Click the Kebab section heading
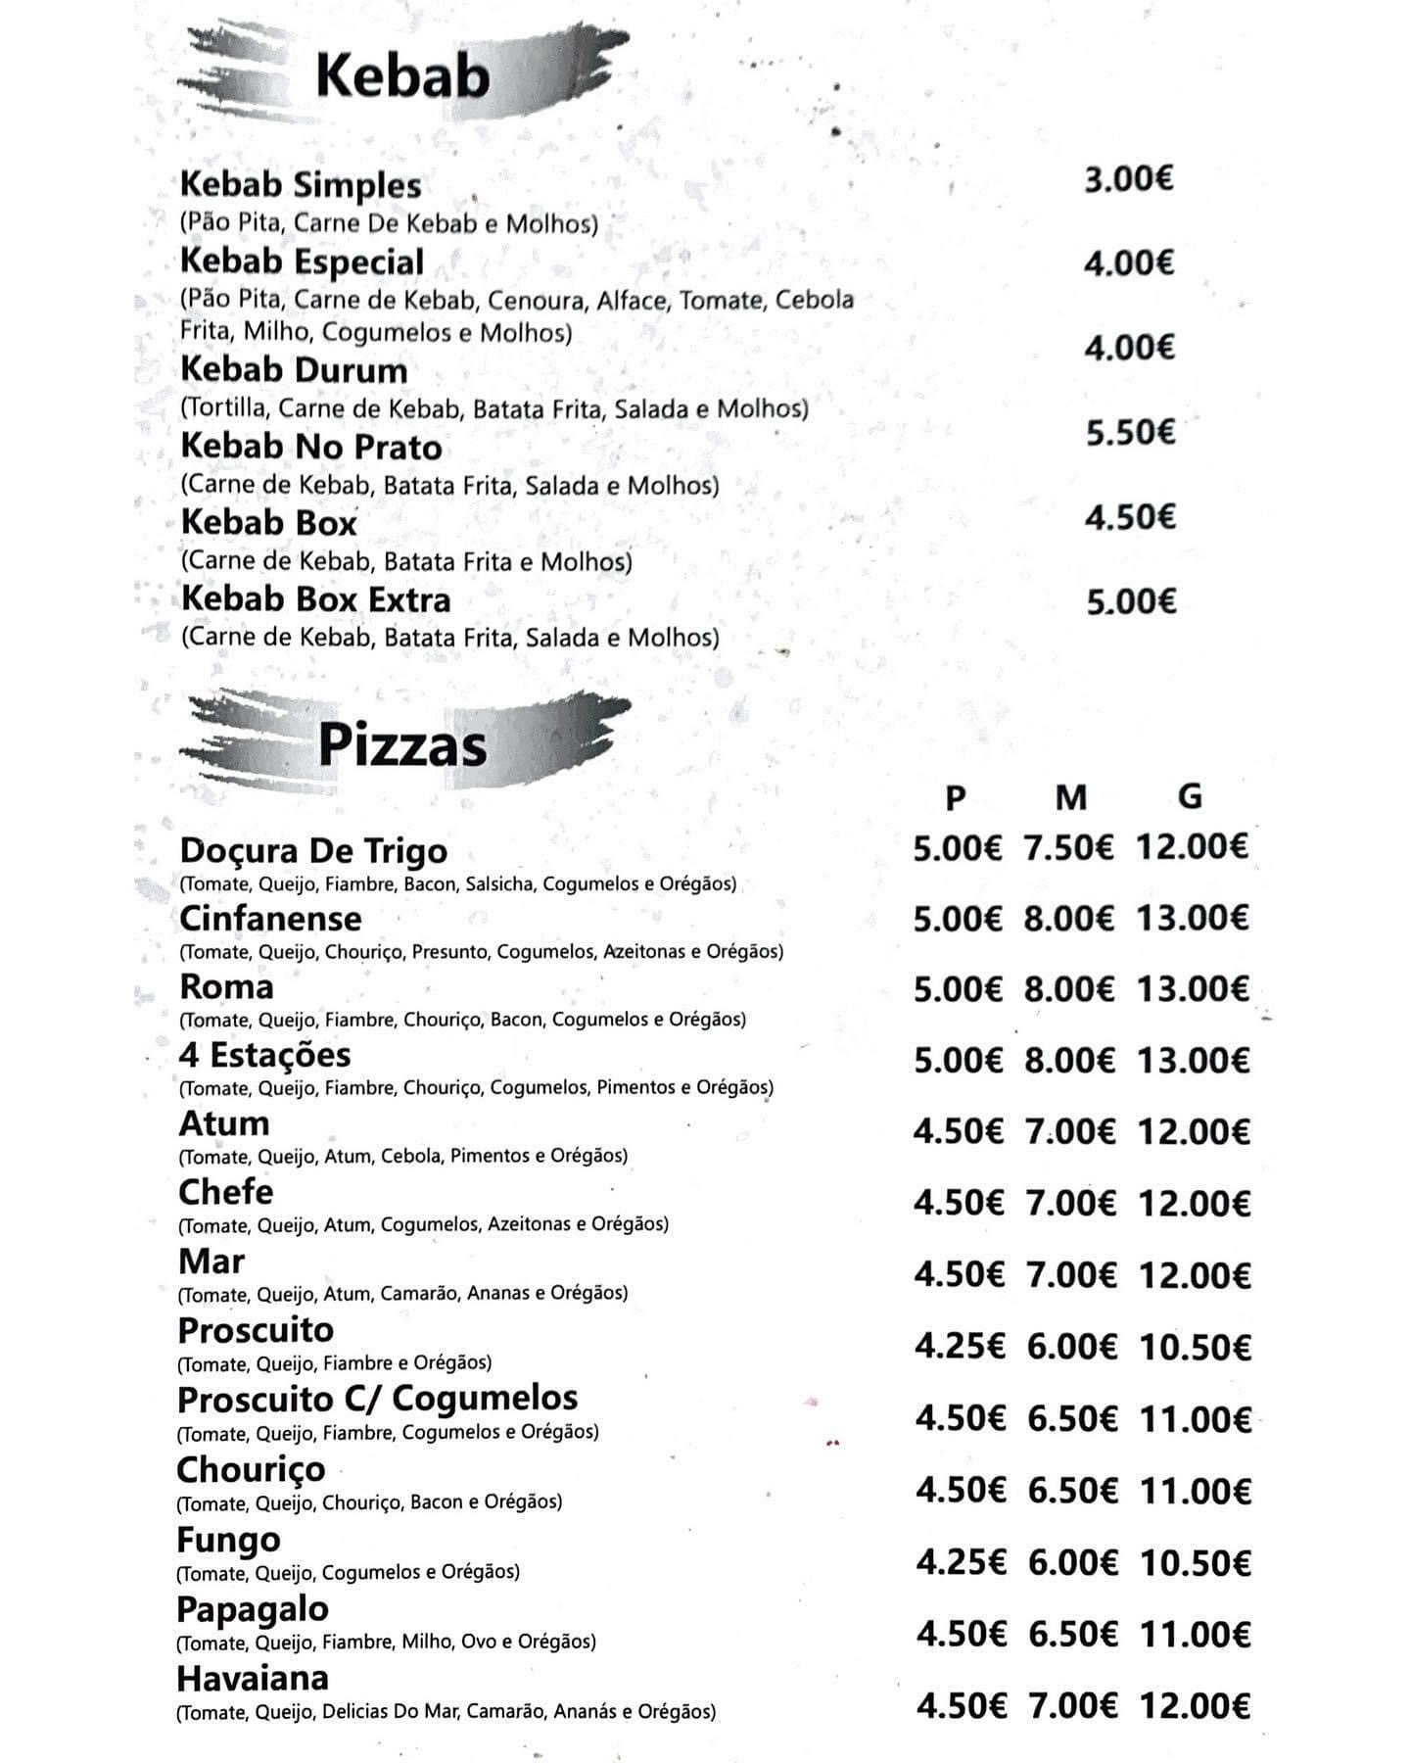pos(402,75)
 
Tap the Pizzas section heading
pos(402,745)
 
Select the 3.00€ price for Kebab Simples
pos(1128,180)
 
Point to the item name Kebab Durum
pos(294,370)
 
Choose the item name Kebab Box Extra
pos(316,598)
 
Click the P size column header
pos(956,798)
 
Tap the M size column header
pos(1071,798)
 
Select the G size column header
pos(1190,797)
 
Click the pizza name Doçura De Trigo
pos(313,851)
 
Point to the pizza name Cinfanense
pos(270,919)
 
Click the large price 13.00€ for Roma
pos(1193,990)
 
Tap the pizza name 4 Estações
pos(264,1055)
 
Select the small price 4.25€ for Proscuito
pos(960,1347)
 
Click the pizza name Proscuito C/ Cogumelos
pos(377,1399)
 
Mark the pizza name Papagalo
pos(253,1608)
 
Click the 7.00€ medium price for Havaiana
pos(1072,1706)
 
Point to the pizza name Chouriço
pos(251,1469)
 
